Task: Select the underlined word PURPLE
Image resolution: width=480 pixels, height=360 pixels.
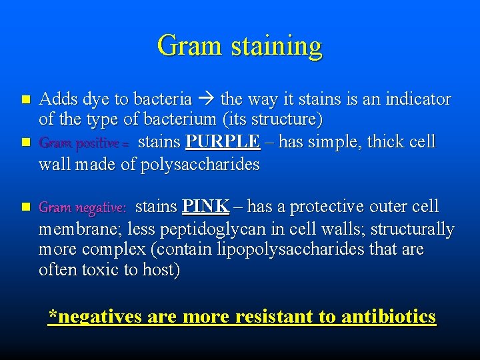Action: [x=223, y=142]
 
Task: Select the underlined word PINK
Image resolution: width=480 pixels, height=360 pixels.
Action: [x=205, y=207]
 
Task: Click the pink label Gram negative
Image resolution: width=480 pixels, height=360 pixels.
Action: [x=82, y=208]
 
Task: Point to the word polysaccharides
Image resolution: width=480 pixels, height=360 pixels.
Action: [x=200, y=165]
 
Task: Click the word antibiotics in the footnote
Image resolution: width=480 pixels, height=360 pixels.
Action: [x=389, y=317]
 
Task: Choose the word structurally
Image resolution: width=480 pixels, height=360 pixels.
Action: [x=412, y=229]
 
